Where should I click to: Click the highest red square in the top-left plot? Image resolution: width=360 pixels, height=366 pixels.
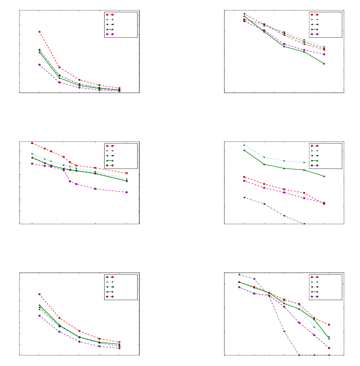[40, 32]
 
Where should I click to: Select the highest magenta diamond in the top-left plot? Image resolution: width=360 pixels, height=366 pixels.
[40, 64]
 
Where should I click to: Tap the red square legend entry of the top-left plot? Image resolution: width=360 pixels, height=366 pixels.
[110, 15]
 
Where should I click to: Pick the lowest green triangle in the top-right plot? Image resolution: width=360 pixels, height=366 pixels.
[324, 64]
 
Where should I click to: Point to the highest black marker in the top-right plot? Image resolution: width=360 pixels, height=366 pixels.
[244, 14]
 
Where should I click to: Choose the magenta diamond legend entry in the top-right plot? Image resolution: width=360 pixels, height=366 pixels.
[315, 34]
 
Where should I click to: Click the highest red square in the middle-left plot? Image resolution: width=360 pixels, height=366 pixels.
[32, 143]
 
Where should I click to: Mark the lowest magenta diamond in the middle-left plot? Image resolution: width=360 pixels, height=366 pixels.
[127, 192]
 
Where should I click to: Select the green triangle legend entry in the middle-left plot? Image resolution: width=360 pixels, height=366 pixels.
[110, 160]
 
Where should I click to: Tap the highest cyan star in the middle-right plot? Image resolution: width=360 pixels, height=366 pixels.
[244, 145]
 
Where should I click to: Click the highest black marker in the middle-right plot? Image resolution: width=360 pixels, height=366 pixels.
[244, 198]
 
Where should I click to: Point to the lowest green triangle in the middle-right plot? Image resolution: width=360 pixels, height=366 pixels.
[324, 176]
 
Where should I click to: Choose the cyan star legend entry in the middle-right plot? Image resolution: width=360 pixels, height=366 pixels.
[315, 151]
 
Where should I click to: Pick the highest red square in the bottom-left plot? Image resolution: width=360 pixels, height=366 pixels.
[40, 294]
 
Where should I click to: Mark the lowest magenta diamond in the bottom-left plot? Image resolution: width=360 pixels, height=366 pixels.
[120, 348]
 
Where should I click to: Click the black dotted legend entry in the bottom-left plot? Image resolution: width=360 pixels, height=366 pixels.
[110, 287]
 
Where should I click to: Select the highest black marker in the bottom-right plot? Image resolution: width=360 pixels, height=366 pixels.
[239, 274]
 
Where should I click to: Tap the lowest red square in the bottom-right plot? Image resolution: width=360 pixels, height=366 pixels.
[329, 325]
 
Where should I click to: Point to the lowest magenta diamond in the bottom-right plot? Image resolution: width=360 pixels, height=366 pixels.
[329, 348]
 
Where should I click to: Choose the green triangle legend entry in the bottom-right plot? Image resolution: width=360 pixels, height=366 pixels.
[315, 292]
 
